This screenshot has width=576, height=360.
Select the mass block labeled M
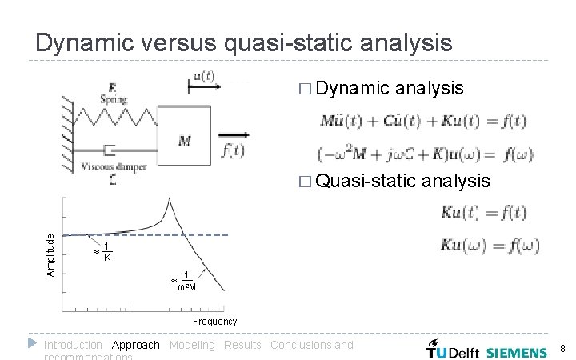coord(185,140)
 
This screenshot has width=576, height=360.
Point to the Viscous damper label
coord(113,167)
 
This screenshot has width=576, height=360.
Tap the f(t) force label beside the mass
coord(234,150)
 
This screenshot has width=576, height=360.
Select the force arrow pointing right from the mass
coord(230,134)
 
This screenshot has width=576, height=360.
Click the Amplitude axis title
coord(50,254)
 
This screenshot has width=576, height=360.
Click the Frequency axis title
coord(215,322)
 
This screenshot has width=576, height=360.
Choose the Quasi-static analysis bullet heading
coord(402,181)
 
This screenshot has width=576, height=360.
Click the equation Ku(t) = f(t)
coord(482,213)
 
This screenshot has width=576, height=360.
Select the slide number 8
coord(562,349)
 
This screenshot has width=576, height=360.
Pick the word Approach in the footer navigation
coord(136,345)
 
